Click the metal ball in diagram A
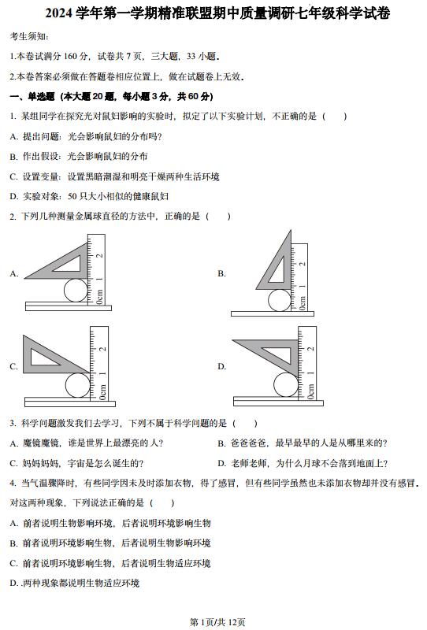pyautogui.click(x=76, y=290)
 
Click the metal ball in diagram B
pyautogui.click(x=280, y=300)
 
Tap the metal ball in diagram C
pyautogui.click(x=78, y=385)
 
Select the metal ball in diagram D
pyautogui.click(x=286, y=384)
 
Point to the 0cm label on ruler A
pyautogui.click(x=100, y=297)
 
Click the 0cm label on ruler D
pyautogui.click(x=310, y=391)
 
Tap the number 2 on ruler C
pyautogui.click(x=103, y=349)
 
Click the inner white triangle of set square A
pyautogui.click(x=69, y=264)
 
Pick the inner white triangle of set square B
pyautogui.click(x=278, y=269)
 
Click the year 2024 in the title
pyautogui.click(x=59, y=13)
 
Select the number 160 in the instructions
pyautogui.click(x=70, y=56)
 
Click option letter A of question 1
pyautogui.click(x=13, y=136)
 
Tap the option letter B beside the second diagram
pyautogui.click(x=221, y=273)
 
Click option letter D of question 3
pyautogui.click(x=221, y=463)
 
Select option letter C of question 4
pyautogui.click(x=13, y=563)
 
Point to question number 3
pyautogui.click(x=13, y=423)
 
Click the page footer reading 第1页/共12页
pyautogui.click(x=217, y=622)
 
